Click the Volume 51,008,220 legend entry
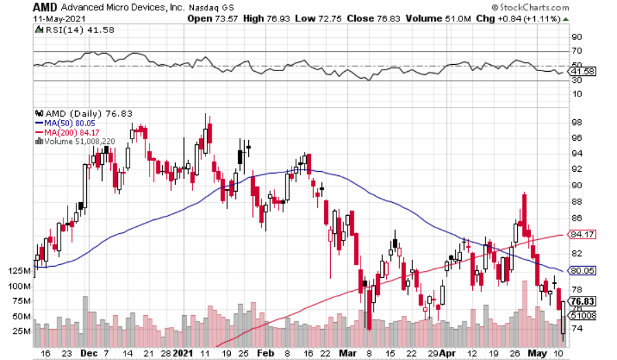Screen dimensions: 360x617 pyautogui.click(x=79, y=141)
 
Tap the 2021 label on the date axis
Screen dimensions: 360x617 pyautogui.click(x=183, y=352)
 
